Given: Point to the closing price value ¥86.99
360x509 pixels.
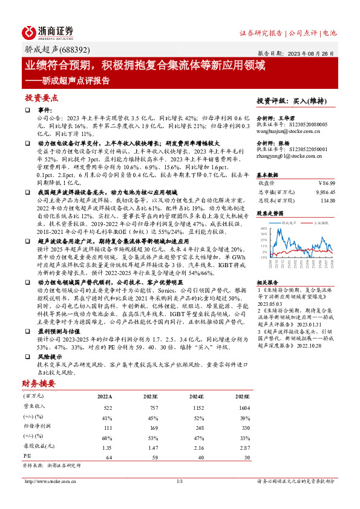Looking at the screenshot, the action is pos(327,182).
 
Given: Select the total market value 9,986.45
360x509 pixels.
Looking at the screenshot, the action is pos(324,191).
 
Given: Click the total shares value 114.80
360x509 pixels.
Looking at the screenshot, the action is pos(327,200).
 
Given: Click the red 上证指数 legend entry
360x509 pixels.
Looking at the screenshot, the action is pos(319,223).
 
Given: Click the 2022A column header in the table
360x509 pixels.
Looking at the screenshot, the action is pos(104,397).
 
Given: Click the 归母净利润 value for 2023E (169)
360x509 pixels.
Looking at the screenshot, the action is pos(151,426).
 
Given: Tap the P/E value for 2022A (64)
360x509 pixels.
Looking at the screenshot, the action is pos(109,458).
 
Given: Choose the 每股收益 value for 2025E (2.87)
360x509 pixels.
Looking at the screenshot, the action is pos(244,447).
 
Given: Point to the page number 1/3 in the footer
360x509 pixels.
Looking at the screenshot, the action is pos(180,481).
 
